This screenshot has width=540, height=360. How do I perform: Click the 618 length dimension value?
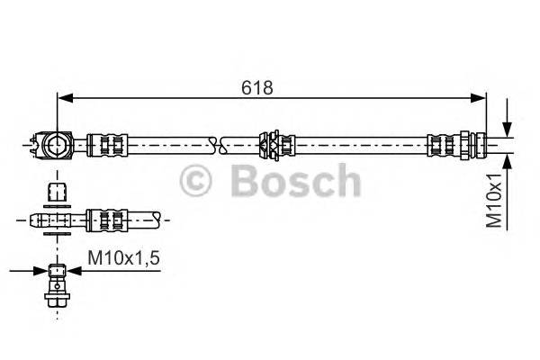pyautogui.click(x=257, y=87)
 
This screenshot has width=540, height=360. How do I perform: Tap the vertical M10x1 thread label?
pyautogui.click(x=494, y=199)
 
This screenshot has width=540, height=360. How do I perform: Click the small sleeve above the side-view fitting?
pyautogui.click(x=56, y=192)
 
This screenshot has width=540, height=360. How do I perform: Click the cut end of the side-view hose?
pyautogui.click(x=159, y=217)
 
